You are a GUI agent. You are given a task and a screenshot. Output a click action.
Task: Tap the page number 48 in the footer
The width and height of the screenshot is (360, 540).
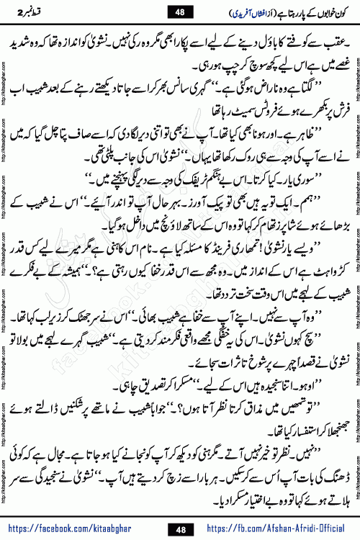179,528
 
